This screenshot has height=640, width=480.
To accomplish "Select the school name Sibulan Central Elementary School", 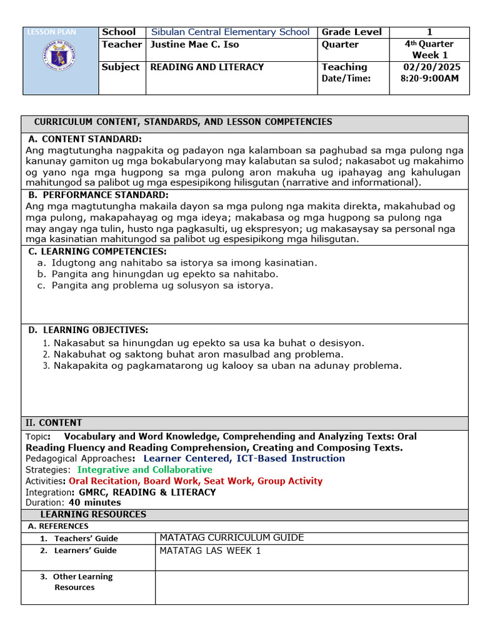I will tap(230, 32).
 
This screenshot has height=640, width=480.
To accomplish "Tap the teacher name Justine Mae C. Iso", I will tap(194, 44).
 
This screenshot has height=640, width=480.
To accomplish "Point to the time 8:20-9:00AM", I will tap(429, 78).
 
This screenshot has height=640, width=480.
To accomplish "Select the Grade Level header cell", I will tap(352, 32).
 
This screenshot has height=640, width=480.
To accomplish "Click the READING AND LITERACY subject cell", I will tap(207, 67).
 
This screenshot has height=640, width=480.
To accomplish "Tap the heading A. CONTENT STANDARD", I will tap(86, 139).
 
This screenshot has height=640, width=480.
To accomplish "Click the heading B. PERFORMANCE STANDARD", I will tap(98, 195).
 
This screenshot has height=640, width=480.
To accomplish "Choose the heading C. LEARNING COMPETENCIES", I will tap(98, 251).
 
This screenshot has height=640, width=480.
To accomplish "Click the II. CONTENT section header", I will tap(54, 423).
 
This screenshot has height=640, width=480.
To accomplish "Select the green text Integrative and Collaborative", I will tap(144, 470).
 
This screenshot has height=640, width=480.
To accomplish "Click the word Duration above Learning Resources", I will tap(44, 502).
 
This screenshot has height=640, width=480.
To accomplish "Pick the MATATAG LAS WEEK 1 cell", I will tap(211, 551).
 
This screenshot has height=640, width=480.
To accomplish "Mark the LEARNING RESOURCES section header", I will tap(93, 514).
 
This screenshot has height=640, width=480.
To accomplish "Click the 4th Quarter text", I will tap(429, 44).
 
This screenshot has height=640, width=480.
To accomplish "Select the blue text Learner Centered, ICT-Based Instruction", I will tap(244, 459).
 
